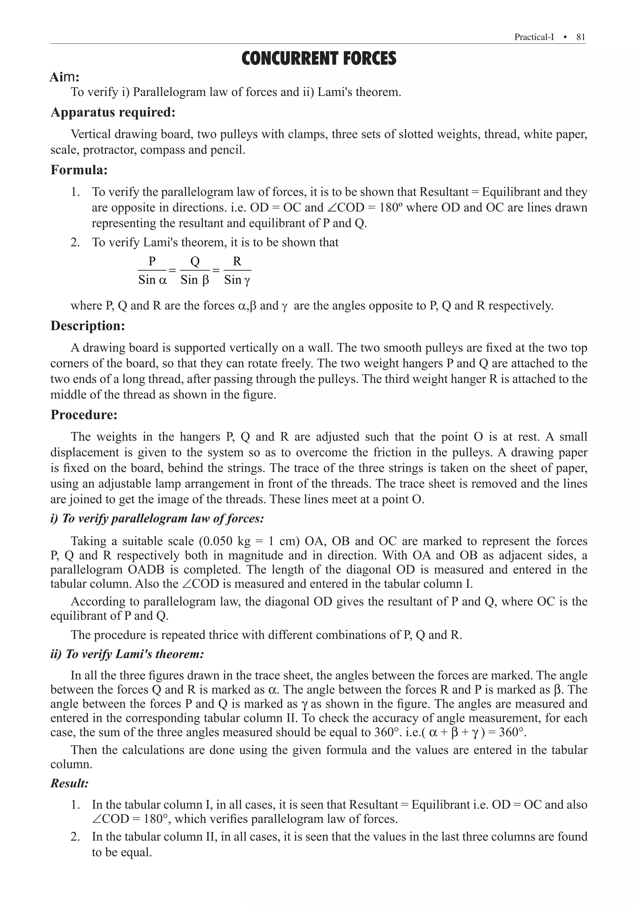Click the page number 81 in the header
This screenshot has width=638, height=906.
[x=580, y=37]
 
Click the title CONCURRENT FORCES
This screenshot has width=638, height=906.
[x=319, y=59]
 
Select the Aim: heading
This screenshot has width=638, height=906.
[x=64, y=77]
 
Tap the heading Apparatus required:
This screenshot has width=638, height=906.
[x=113, y=112]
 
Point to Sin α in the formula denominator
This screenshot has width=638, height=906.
[x=152, y=280]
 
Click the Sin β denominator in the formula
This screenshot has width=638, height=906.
[x=195, y=280]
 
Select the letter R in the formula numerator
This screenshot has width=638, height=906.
[x=237, y=261]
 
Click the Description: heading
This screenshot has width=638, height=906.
[x=88, y=326]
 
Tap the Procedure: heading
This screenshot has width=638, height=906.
[x=84, y=415]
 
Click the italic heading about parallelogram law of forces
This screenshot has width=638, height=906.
[x=157, y=518]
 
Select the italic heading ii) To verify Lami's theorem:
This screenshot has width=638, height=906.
[x=127, y=654]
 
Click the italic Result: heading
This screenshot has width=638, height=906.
[x=69, y=783]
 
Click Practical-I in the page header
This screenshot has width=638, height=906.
[x=534, y=37]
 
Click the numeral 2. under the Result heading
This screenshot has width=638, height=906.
[x=75, y=837]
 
